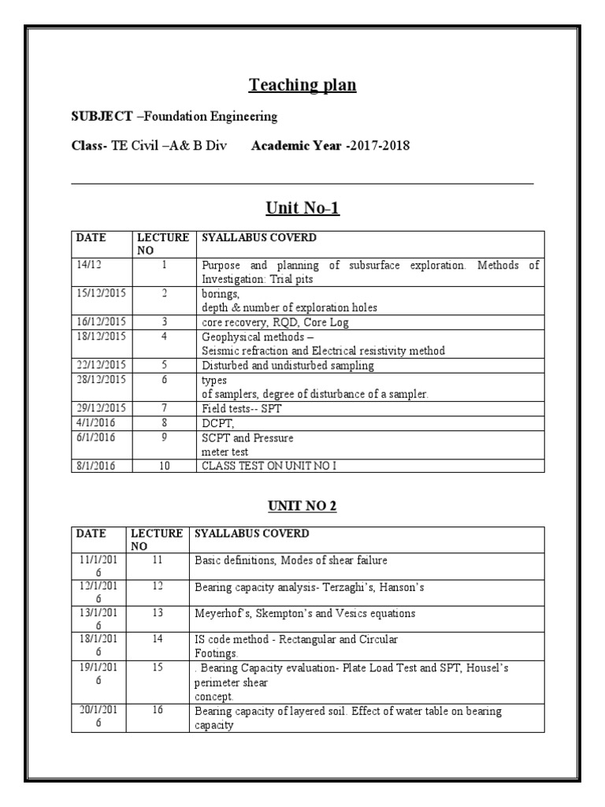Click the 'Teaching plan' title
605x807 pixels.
coord(302,84)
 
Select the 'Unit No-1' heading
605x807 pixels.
coord(302,208)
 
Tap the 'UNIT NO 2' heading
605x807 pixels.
coord(302,505)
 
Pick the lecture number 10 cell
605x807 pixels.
coord(164,467)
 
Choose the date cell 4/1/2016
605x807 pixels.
coord(93,424)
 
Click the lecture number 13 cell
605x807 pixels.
coord(158,613)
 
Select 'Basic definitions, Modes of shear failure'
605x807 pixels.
coord(291,560)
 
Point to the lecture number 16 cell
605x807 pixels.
coord(158,711)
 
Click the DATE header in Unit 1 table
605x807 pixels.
coord(91,237)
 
